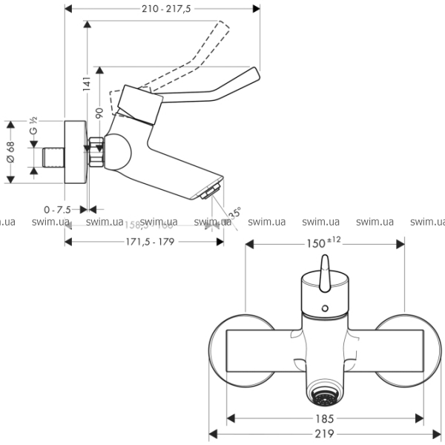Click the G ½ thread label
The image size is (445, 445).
[33, 127]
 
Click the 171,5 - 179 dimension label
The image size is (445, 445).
[146, 243]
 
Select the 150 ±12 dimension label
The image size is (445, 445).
[323, 243]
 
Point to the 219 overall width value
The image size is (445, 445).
[324, 435]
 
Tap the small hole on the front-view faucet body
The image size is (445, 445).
[324, 306]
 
